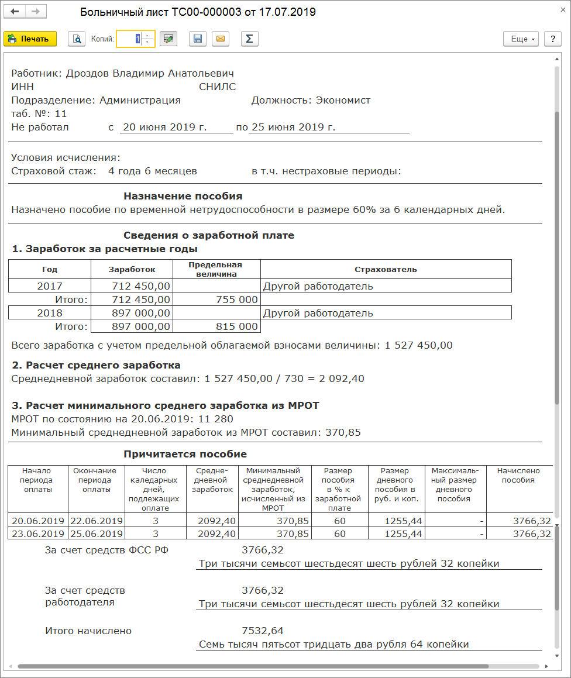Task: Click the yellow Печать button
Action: pos(30,39)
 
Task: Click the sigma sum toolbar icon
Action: pos(249,39)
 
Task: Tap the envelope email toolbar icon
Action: pos(221,39)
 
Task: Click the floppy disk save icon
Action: pos(198,39)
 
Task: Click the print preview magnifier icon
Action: pos(77,39)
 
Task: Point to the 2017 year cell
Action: pos(50,286)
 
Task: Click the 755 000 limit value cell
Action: pos(234,300)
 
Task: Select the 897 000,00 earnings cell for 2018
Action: pos(141,313)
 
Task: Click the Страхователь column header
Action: pos(386,270)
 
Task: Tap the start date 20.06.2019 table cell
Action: pos(37,521)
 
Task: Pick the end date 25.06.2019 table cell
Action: pos(96,534)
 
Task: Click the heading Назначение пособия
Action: pos(183,196)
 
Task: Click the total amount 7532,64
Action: pos(263,631)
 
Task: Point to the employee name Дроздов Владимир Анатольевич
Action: pos(150,73)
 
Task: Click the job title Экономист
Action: pos(343,100)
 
